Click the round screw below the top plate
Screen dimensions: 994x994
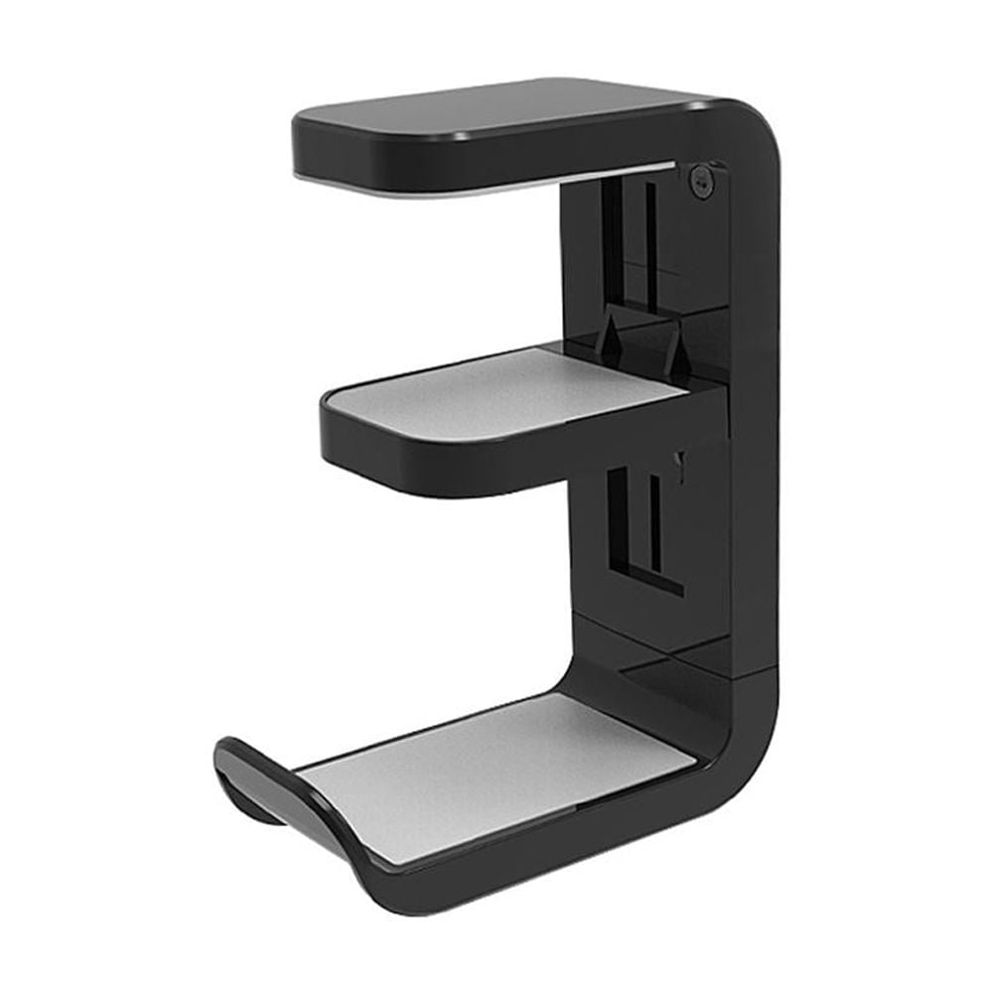[x=702, y=182]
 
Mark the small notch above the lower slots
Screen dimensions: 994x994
[x=680, y=459]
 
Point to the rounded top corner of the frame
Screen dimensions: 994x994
[x=755, y=129]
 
